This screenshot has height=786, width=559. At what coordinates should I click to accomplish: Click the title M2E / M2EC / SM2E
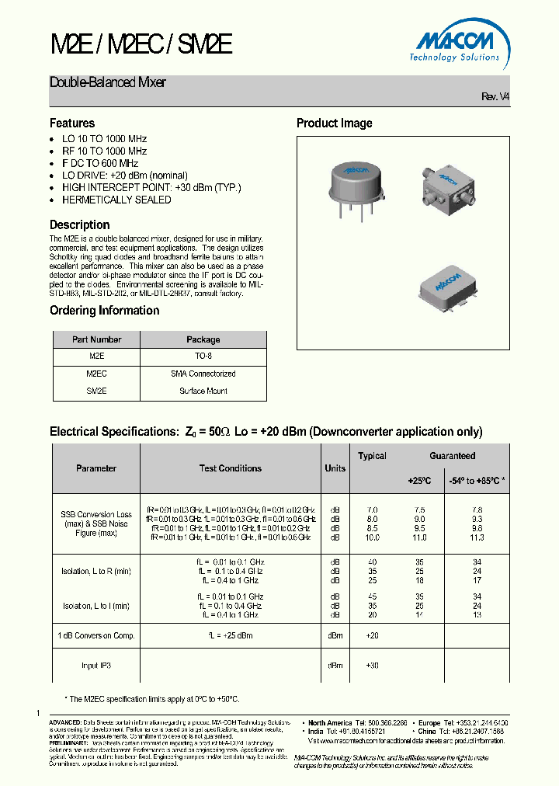click(x=141, y=43)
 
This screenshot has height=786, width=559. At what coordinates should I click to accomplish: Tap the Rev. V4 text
click(x=495, y=96)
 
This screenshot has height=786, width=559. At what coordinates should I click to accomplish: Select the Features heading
click(x=72, y=123)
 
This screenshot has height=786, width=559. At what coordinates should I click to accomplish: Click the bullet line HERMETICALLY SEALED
click(x=116, y=200)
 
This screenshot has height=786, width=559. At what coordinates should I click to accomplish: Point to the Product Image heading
click(x=334, y=123)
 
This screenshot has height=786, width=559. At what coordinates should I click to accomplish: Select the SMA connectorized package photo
click(x=450, y=189)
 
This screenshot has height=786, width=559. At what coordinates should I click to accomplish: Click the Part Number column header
click(x=96, y=339)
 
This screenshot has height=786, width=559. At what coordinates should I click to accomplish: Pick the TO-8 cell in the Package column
click(x=203, y=356)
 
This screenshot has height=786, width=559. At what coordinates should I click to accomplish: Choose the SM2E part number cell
click(x=96, y=391)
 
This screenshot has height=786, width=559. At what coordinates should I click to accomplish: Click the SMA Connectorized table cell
click(x=203, y=374)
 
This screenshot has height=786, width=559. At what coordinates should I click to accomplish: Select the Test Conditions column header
click(x=231, y=468)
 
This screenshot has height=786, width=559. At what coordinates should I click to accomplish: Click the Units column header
click(x=335, y=468)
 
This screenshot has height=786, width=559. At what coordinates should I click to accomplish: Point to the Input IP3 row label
click(x=96, y=665)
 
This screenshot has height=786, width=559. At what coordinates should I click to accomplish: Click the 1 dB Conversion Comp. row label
click(x=96, y=635)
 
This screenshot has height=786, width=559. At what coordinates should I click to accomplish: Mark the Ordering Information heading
click(x=104, y=311)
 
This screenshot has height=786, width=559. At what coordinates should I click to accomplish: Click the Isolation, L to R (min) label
click(x=96, y=572)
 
